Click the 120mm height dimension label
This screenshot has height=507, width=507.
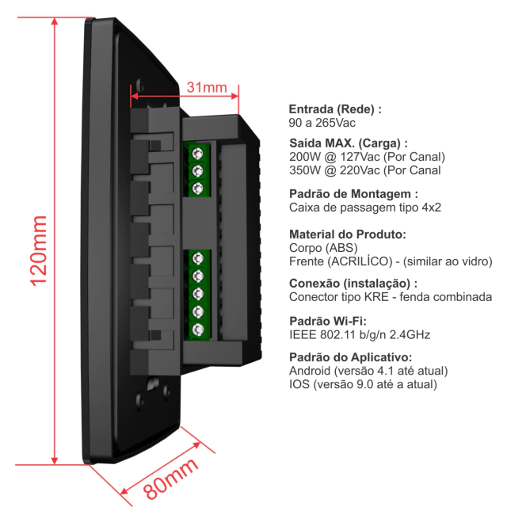[x=39, y=251]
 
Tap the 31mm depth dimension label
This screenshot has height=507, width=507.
[x=207, y=87]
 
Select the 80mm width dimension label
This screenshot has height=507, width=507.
[x=170, y=478]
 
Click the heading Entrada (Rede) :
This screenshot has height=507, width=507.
[x=335, y=109]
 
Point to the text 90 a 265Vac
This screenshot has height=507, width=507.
[x=322, y=123]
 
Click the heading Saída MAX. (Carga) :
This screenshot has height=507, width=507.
[x=349, y=143]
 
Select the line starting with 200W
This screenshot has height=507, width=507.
[x=367, y=157]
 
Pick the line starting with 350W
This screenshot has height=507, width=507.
[x=364, y=170]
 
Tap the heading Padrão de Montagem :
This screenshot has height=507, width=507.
[x=353, y=194]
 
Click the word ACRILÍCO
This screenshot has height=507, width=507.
[x=360, y=261]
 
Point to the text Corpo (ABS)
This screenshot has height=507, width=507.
[x=323, y=248]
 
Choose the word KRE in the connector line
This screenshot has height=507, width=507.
[x=376, y=297]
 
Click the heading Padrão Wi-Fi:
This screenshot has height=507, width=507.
[x=328, y=321]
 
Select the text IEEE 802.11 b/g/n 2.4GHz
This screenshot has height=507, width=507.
[x=360, y=334]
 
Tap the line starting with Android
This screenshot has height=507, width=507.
[x=368, y=371]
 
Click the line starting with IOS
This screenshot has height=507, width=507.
[x=363, y=384]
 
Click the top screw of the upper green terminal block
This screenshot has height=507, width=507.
[x=197, y=153]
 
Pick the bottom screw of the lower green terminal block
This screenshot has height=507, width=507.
[x=197, y=330]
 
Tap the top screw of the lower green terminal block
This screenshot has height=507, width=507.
[x=197, y=258]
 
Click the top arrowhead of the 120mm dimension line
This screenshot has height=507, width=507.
[x=55, y=21]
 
